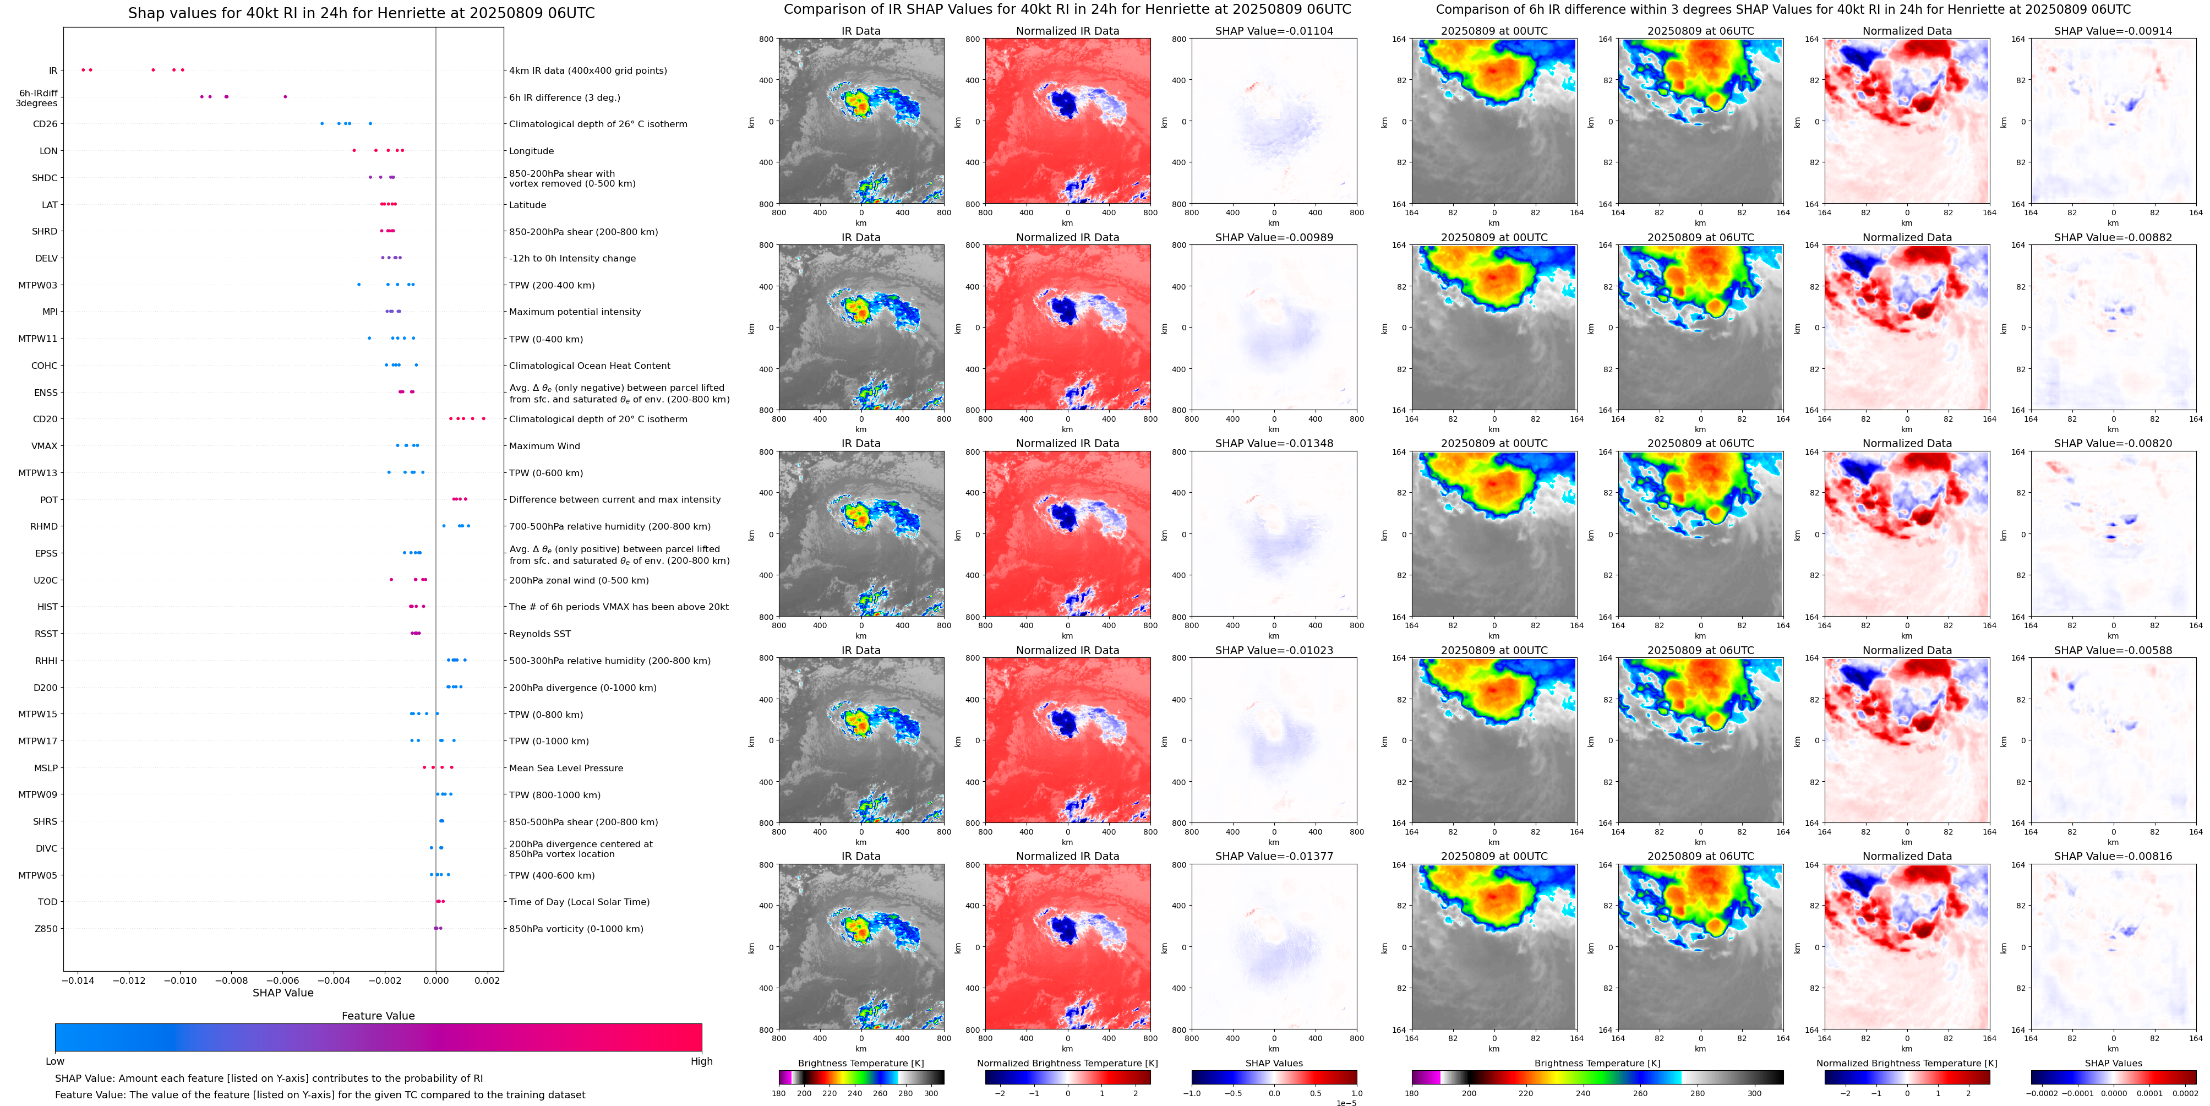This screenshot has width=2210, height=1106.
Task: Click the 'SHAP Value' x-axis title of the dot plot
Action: click(x=282, y=993)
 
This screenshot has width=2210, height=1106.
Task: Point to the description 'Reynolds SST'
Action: click(x=539, y=634)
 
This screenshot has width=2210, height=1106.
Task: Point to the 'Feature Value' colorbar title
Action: click(x=378, y=1016)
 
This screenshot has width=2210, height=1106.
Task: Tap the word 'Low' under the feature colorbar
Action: click(x=55, y=1061)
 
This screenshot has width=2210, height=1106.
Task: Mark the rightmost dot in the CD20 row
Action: click(x=484, y=419)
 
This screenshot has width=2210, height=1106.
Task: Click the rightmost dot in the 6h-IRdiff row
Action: click(x=285, y=97)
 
